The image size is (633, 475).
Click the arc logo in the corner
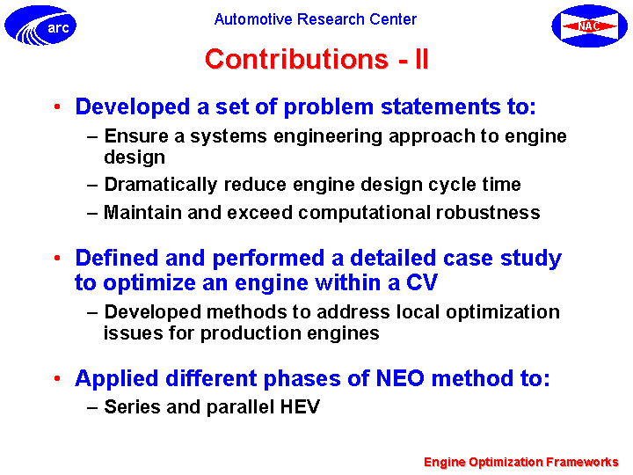pos(40,25)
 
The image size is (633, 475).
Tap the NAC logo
pos(589,26)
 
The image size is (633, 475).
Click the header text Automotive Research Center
pos(316,19)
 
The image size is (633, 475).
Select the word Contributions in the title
pos(297,59)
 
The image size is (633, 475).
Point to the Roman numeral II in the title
pos(421,59)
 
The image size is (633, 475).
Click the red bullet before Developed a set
pos(57,106)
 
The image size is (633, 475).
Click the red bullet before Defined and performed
pos(57,258)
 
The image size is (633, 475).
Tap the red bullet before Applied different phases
pos(57,378)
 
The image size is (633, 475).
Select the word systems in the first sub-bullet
pos(229,137)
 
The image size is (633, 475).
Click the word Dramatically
pos(161,185)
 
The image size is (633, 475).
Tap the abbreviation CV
pos(422,282)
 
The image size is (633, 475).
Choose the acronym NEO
pos(400,378)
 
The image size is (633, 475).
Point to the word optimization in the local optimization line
pos(503,312)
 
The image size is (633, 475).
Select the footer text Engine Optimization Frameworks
pos(521,462)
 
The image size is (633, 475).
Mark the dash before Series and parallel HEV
pos(92,407)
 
